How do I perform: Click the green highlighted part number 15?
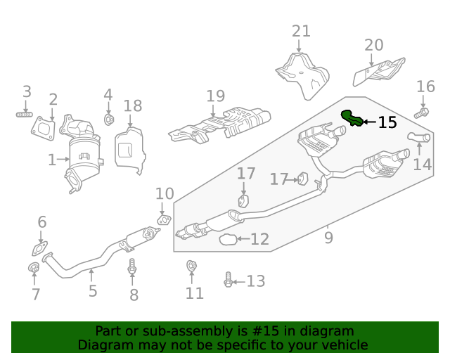pyautogui.click(x=351, y=118)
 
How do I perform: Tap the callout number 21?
pyautogui.click(x=301, y=32)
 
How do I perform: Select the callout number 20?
pyautogui.click(x=374, y=46)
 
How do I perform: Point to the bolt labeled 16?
pyautogui.click(x=421, y=112)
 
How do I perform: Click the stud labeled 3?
pyautogui.click(x=25, y=114)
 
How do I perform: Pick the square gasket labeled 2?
pyautogui.click(x=44, y=127)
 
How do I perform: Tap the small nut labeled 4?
pyautogui.click(x=109, y=120)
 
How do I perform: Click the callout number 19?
pyautogui.click(x=215, y=96)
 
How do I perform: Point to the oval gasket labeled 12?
pyautogui.click(x=229, y=240)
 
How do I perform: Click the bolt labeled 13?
pyautogui.click(x=228, y=281)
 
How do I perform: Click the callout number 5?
pyautogui.click(x=93, y=290)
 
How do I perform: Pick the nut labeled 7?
pyautogui.click(x=32, y=268)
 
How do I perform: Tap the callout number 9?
pyautogui.click(x=328, y=238)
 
